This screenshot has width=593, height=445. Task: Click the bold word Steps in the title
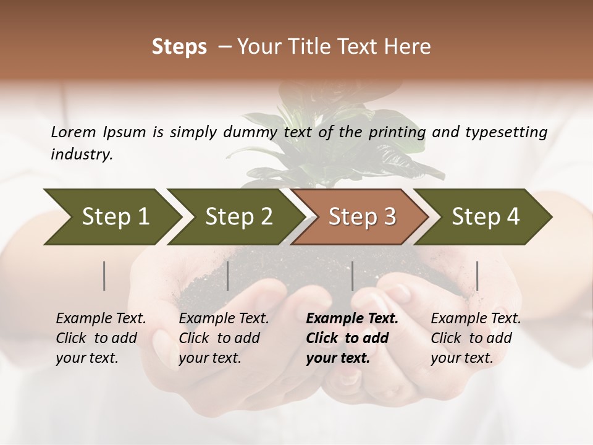179,47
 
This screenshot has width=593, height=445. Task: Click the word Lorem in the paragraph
73,132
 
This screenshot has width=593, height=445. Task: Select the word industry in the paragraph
81,155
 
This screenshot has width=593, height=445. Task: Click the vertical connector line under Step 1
104,276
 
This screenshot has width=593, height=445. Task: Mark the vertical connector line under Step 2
228,276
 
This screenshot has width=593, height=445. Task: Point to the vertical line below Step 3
352,276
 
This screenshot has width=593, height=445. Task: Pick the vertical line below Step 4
477,276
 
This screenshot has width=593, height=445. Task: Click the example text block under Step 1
101,338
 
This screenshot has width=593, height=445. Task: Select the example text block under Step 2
224,338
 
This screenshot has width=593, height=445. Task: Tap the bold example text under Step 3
351,338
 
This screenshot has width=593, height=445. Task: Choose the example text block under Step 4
476,338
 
